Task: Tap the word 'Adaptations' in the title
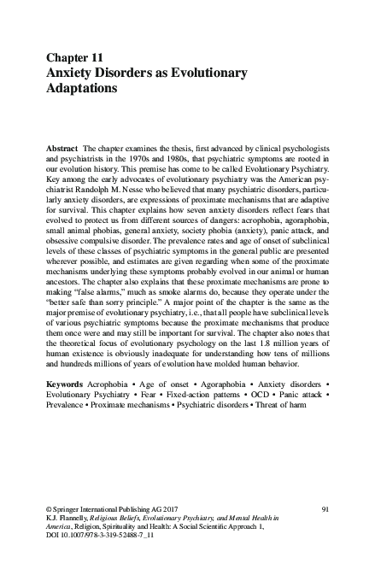82,88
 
